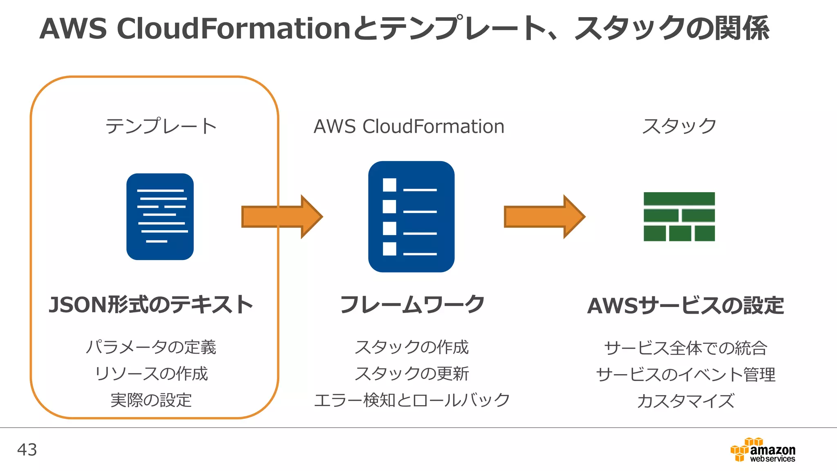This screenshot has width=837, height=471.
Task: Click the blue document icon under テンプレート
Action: [160, 217]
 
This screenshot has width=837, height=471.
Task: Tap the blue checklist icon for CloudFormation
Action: [411, 217]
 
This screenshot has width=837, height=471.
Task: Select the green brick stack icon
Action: [679, 217]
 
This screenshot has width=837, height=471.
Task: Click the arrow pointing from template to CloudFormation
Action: [282, 217]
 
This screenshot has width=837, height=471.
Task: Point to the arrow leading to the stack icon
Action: [544, 217]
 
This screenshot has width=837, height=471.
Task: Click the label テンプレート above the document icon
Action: [161, 126]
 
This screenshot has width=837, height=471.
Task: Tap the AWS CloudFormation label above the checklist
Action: [409, 126]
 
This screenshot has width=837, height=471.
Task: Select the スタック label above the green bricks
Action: [679, 126]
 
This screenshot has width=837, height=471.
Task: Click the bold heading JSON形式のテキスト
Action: [151, 305]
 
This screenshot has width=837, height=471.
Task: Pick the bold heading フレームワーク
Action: [412, 305]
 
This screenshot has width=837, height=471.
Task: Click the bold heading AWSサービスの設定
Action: [685, 306]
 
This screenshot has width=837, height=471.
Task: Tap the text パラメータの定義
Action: [151, 347]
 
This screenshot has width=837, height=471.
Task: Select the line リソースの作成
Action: [151, 374]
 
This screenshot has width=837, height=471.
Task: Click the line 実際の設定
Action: [151, 400]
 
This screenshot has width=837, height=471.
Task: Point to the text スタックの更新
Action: [412, 374]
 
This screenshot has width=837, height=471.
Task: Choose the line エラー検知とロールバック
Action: [412, 400]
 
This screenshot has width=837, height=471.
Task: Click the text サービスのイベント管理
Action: [685, 375]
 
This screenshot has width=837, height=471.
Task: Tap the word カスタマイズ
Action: [685, 401]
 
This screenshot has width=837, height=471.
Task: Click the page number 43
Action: [27, 450]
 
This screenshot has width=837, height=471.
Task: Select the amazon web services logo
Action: [763, 450]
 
